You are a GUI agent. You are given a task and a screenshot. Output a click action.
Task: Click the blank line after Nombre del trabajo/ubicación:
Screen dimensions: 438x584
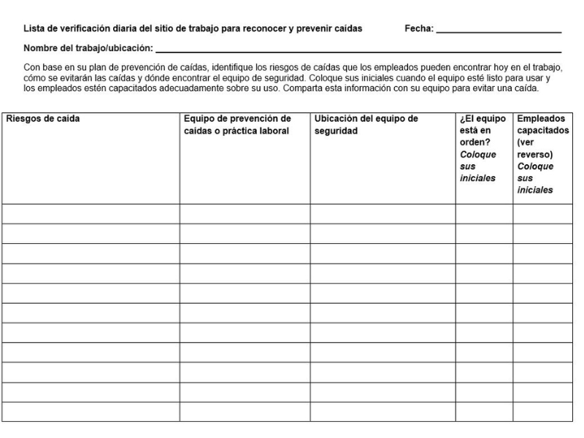[x=358, y=50]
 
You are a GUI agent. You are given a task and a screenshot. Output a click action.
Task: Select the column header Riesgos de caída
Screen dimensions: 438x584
[x=43, y=118]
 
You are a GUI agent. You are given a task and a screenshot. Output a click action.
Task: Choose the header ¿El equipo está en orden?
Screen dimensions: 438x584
[x=483, y=118]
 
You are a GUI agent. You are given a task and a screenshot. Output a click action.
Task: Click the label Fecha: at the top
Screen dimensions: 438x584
[x=418, y=29]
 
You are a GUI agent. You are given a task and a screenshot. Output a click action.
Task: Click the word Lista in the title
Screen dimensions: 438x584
[x=34, y=29]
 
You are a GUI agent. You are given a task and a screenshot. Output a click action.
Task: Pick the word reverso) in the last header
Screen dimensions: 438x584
[x=534, y=154]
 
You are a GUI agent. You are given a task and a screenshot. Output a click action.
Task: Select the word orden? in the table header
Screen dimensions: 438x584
[x=475, y=142]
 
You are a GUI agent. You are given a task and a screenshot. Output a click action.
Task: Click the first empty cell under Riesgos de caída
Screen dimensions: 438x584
[x=91, y=214]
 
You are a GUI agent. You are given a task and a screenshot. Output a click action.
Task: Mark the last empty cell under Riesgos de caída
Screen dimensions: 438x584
[x=91, y=412]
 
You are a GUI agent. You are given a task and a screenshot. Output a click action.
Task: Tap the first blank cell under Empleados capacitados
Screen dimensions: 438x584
[x=543, y=214]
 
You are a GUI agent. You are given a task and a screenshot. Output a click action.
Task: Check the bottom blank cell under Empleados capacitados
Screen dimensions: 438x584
[x=543, y=412]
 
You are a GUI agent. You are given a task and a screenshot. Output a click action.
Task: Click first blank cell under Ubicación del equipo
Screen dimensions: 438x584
[x=383, y=214]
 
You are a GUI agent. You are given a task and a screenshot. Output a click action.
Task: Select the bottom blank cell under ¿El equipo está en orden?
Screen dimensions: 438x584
[x=484, y=412]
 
